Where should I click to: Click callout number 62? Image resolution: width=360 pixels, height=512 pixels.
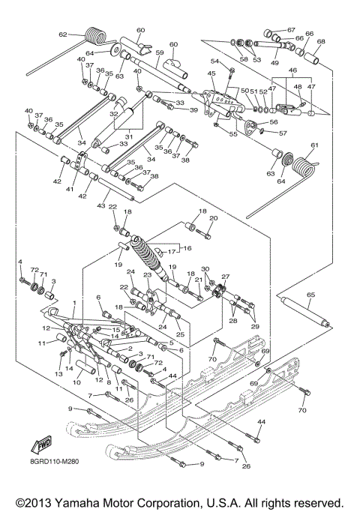click(x=63, y=34)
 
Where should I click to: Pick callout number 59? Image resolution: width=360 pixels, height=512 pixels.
click(x=159, y=52)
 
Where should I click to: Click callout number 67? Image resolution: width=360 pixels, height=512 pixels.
click(x=292, y=30)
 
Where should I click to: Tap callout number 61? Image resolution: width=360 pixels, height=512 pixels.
click(x=315, y=145)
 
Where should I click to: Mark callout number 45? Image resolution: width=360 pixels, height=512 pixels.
click(x=211, y=73)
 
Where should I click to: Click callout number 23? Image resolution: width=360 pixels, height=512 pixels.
click(x=148, y=275)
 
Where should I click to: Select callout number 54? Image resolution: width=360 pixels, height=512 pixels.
click(x=214, y=61)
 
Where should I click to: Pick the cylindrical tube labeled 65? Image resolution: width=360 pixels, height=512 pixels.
click(x=307, y=313)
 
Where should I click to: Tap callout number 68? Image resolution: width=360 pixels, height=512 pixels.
click(x=321, y=42)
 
